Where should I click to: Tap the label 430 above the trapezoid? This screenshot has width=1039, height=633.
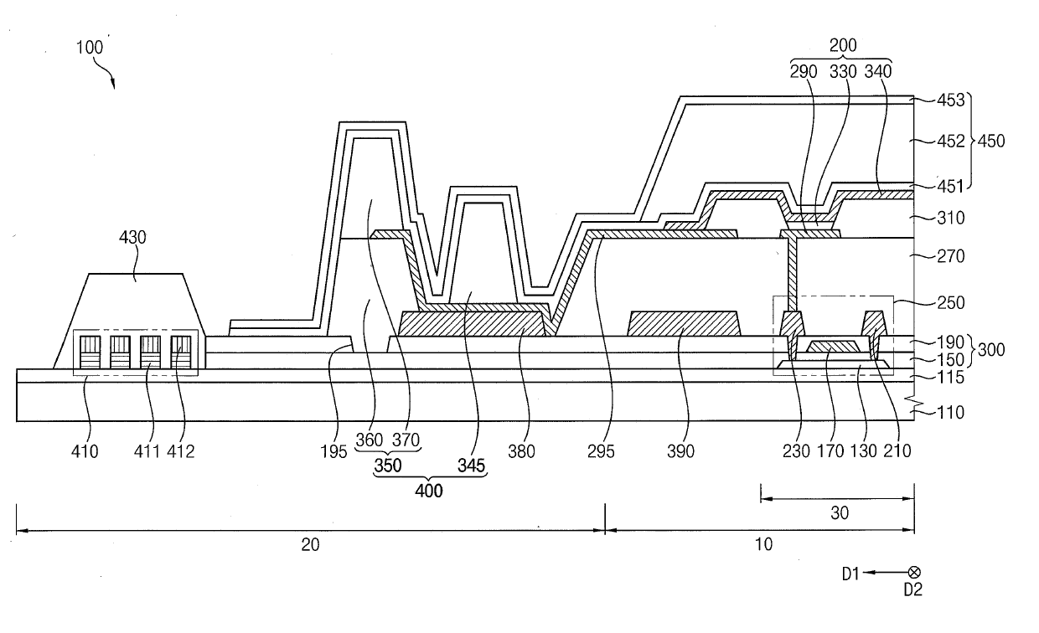132,238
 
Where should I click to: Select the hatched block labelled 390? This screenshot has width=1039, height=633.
683,323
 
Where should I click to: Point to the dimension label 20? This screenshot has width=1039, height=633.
311,545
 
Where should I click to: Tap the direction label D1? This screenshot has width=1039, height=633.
851,574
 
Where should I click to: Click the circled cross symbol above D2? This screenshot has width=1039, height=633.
914,573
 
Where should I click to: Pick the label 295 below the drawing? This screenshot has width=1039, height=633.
602,451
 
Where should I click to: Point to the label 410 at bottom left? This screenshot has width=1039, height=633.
85,451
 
